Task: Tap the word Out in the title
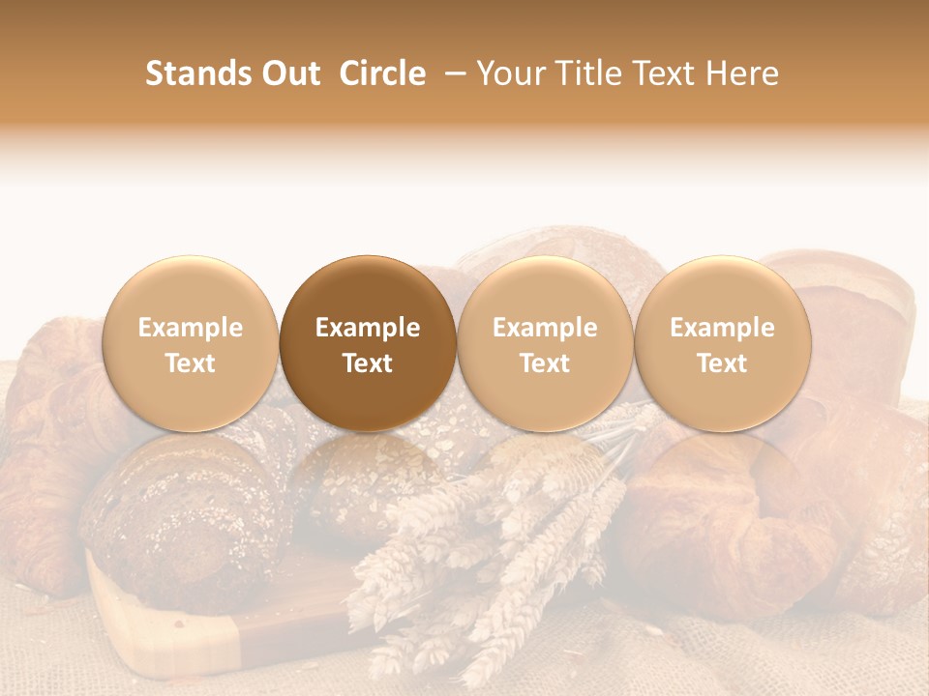point(288,73)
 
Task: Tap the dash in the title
point(451,73)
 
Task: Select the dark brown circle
point(368,343)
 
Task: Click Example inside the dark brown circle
point(368,328)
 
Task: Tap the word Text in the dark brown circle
point(368,363)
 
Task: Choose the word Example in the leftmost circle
point(190,328)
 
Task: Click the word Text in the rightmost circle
point(722,363)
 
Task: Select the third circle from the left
point(545,343)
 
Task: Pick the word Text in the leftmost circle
point(190,363)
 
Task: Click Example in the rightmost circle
point(722,328)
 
